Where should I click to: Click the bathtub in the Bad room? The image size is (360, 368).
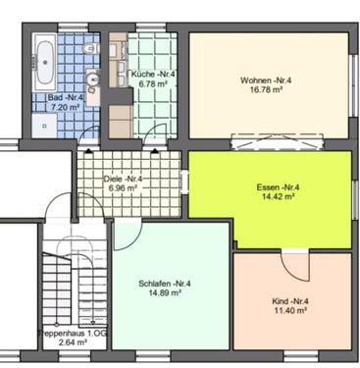[x=45, y=63]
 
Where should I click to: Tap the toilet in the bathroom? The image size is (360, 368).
[x=90, y=49]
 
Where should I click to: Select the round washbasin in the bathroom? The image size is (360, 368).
[x=93, y=79]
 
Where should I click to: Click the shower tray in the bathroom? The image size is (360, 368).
[x=44, y=126]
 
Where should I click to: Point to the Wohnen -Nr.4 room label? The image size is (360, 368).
[x=266, y=80]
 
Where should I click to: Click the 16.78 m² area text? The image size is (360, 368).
[x=266, y=89]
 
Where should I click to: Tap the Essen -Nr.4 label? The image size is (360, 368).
[x=278, y=187]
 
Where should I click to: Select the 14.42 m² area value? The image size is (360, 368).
[x=278, y=196]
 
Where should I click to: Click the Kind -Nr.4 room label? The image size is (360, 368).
[x=290, y=301]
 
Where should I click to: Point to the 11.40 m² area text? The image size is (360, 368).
[x=290, y=310]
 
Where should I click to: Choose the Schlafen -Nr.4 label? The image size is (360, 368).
[x=165, y=284]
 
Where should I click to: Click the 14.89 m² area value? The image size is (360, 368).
[x=165, y=292]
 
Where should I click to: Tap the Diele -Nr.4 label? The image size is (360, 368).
[x=124, y=179]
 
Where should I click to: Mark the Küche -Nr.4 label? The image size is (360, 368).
[x=153, y=74]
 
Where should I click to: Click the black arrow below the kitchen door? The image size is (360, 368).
[x=155, y=150]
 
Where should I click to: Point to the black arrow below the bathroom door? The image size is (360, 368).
[x=88, y=150]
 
